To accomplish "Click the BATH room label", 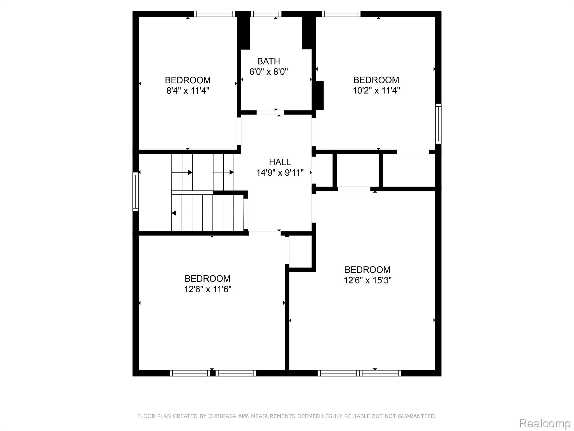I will tap(269, 61).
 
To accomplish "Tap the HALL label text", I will tap(280, 162).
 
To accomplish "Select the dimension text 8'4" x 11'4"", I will tap(188, 91).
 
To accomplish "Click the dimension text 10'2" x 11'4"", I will tap(376, 91).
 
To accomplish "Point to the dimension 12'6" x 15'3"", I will tap(367, 280).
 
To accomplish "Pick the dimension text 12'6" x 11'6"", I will tap(208, 289).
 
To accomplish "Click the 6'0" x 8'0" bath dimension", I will tap(269, 72).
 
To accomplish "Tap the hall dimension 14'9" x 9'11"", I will tap(280, 173).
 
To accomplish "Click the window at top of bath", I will tap(266, 14).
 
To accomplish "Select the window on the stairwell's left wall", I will tap(135, 191).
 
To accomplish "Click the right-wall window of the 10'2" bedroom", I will tap(438, 123).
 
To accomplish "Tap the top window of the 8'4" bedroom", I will tap(214, 14).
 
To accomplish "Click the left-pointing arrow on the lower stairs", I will tap(174, 213).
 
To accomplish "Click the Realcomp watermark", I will tap(545, 423).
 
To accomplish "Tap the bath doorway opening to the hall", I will tap(270, 113).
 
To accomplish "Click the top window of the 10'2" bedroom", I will tap(341, 14).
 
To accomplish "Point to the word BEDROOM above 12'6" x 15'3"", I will tap(367, 270).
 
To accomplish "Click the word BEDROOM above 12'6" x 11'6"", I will tap(208, 279).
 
